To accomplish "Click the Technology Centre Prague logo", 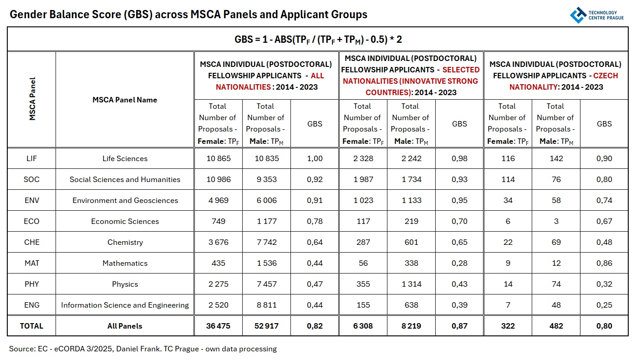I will (596, 15).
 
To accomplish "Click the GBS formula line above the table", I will (318, 39).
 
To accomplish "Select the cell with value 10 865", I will (219, 158).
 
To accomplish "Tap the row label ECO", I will (31, 221).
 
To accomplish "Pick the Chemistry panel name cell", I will (125, 242).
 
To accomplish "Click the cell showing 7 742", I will (266, 242).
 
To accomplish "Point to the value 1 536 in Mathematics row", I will (266, 263).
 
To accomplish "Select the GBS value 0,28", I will (459, 263).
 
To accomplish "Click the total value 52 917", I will (266, 326).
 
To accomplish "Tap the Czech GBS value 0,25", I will (604, 305).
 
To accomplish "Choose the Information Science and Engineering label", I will (125, 305).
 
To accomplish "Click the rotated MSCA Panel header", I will (32, 99).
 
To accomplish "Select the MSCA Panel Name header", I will (125, 100).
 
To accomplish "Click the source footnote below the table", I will (143, 349).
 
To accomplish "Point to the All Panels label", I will (125, 326).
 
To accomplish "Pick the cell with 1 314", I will (411, 284).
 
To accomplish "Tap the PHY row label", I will (31, 284).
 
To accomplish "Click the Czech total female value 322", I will (508, 326).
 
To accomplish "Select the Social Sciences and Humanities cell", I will (125, 179).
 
